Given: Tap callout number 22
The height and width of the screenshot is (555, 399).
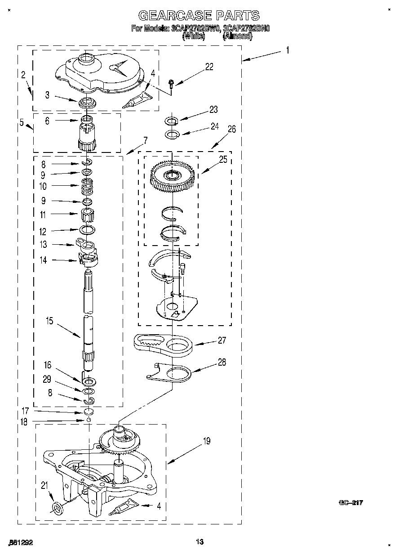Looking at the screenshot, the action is pyautogui.click(x=209, y=67).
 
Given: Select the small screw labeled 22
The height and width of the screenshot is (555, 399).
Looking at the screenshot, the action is pyautogui.click(x=172, y=83).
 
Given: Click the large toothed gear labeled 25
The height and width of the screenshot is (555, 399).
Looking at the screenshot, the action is pyautogui.click(x=172, y=175).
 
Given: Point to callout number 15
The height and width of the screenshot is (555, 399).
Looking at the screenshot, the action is pyautogui.click(x=49, y=321).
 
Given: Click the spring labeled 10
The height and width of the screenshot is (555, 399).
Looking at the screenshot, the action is pyautogui.click(x=87, y=185).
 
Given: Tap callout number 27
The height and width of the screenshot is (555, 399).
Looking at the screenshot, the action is pyautogui.click(x=222, y=340).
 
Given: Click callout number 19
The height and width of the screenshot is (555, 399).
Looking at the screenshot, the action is pyautogui.click(x=206, y=441).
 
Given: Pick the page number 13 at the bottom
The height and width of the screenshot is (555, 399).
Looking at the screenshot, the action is pyautogui.click(x=200, y=542).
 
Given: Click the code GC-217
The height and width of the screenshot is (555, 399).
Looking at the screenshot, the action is pyautogui.click(x=350, y=503).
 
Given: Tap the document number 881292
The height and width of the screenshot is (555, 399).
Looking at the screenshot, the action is pyautogui.click(x=21, y=543).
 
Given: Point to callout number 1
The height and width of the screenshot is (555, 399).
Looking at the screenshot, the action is pyautogui.click(x=287, y=50).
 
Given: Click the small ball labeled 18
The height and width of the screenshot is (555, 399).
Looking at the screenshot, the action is pyautogui.click(x=89, y=420).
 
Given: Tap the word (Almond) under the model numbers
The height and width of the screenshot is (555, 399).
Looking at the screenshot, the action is pyautogui.click(x=237, y=36).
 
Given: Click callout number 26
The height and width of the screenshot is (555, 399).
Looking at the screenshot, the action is pyautogui.click(x=231, y=129).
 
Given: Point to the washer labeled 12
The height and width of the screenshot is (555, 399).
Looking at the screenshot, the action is pyautogui.click(x=89, y=230).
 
